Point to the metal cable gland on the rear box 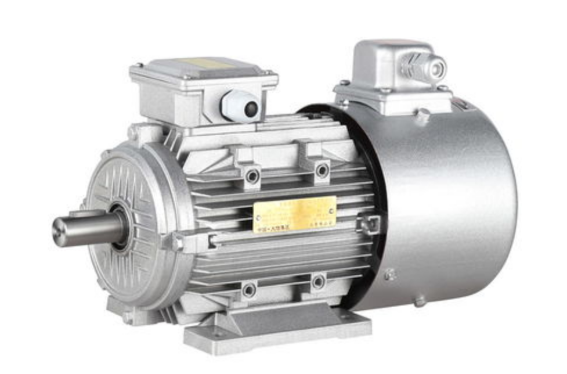(x=427, y=67)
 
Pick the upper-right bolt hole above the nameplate (x=322, y=170)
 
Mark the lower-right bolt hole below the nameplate (x=318, y=282)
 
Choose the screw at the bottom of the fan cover (x=420, y=300)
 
